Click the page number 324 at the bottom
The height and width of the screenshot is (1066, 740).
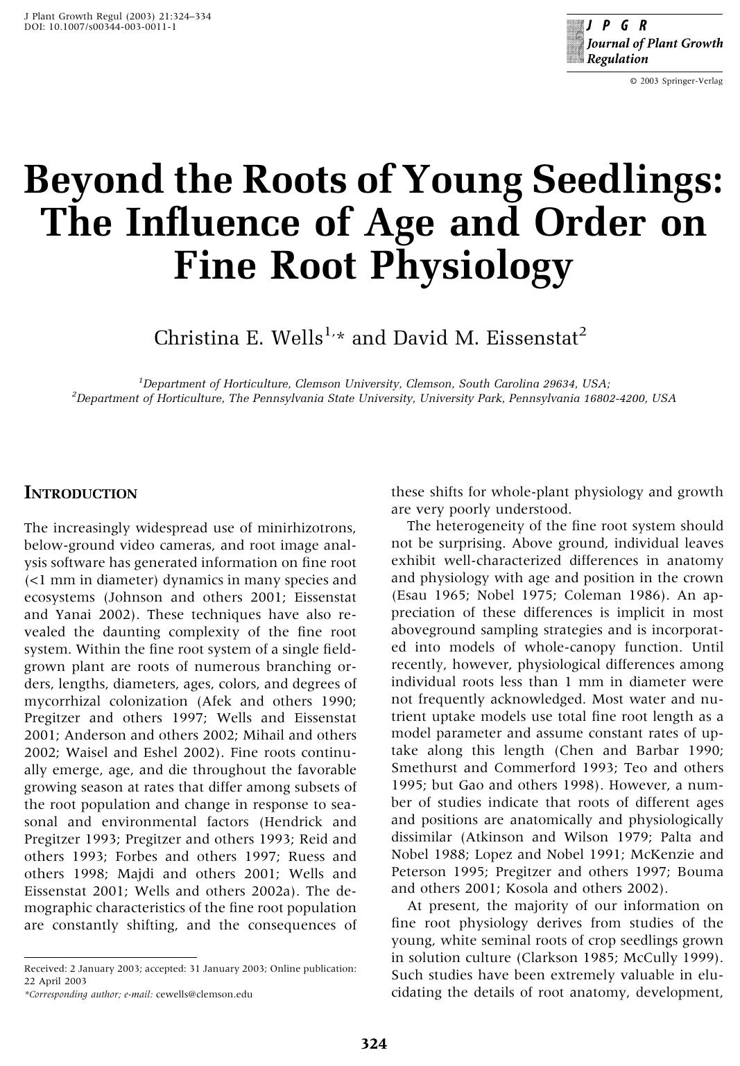[373, 1044]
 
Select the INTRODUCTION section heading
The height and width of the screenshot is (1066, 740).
[80, 493]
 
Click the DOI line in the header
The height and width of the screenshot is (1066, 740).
[100, 26]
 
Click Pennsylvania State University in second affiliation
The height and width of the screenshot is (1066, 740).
[333, 399]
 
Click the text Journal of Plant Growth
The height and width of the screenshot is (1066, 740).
[654, 44]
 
